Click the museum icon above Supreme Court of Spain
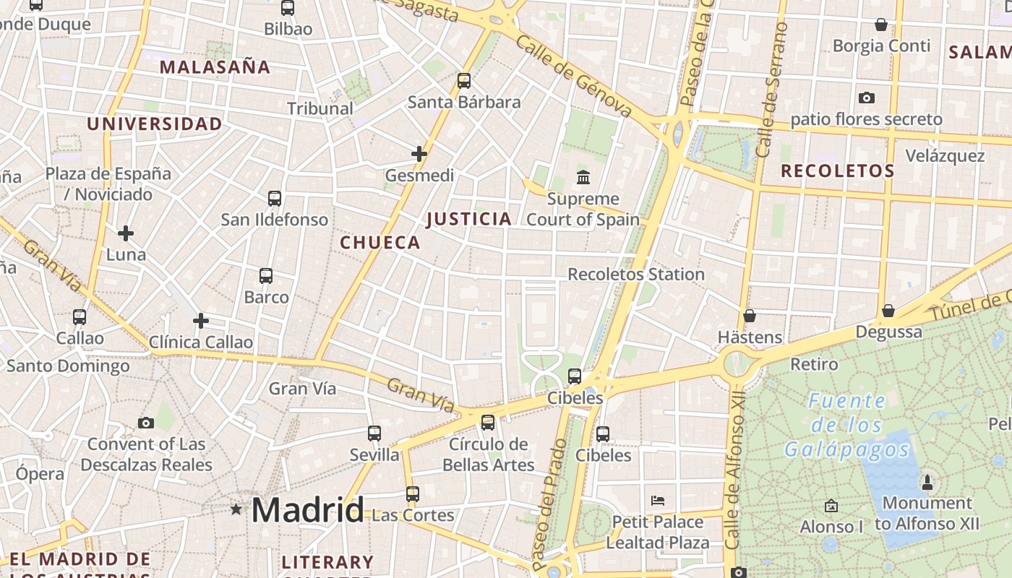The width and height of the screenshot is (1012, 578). click(x=583, y=177)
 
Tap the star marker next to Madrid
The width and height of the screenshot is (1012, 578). click(x=236, y=509)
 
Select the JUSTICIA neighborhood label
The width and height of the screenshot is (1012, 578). click(x=469, y=219)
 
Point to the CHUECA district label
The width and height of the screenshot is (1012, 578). click(x=380, y=243)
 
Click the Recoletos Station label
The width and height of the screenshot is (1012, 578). click(x=635, y=275)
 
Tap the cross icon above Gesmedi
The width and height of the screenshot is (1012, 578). click(x=419, y=154)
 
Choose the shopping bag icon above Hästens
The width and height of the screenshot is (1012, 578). click(x=750, y=316)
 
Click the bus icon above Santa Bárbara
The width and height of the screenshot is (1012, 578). click(x=464, y=81)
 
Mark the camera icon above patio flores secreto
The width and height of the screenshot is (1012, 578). click(x=866, y=98)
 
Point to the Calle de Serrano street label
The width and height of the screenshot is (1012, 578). click(x=771, y=90)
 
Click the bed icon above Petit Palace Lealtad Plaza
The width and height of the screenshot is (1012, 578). click(x=658, y=500)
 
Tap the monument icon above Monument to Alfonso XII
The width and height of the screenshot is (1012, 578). click(x=927, y=482)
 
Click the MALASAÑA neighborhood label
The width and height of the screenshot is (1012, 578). click(x=215, y=67)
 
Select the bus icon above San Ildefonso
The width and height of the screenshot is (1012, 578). click(x=275, y=199)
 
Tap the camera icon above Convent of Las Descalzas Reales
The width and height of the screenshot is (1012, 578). click(x=146, y=423)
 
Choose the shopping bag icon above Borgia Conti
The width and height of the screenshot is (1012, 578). click(x=881, y=25)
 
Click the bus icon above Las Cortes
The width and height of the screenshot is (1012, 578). click(x=412, y=494)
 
